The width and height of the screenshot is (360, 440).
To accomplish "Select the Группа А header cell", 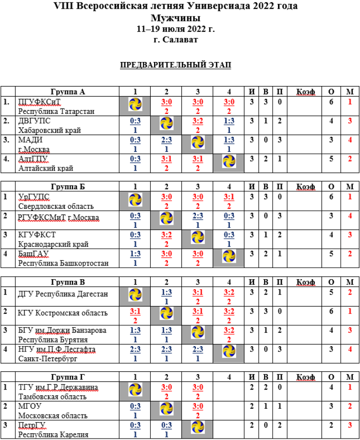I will pyautogui.click(x=68, y=92).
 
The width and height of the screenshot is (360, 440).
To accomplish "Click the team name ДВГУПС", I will pyautogui.click(x=34, y=121).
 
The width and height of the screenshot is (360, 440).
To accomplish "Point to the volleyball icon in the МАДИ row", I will pyautogui.click(x=197, y=143).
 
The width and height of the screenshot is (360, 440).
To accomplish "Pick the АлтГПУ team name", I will pyautogui.click(x=33, y=159).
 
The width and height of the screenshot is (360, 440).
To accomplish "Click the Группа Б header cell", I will pyautogui.click(x=68, y=187).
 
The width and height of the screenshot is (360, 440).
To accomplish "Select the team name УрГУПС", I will pyautogui.click(x=34, y=197).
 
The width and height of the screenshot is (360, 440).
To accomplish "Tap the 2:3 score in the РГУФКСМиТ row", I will pyautogui.click(x=197, y=216).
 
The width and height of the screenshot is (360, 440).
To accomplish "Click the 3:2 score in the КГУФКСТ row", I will pyautogui.click(x=166, y=235).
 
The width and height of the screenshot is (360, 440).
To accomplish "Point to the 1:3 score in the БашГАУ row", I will pyautogui.click(x=135, y=254).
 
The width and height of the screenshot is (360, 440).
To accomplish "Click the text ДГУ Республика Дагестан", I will pyautogui.click(x=63, y=294).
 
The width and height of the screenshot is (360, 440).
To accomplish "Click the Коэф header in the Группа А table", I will pyautogui.click(x=306, y=92).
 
